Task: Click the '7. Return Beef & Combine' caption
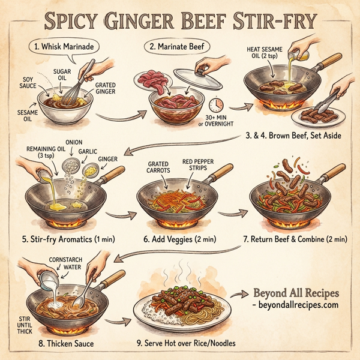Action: coord(295,239)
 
